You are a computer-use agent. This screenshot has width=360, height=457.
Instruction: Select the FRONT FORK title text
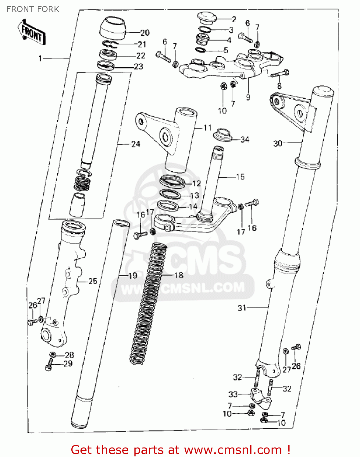[x=33, y=9]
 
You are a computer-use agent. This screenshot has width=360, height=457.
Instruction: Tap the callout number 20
[x=145, y=33]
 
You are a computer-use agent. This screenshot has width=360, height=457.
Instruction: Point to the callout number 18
[x=179, y=275]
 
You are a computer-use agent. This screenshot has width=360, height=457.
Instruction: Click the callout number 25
[x=93, y=281]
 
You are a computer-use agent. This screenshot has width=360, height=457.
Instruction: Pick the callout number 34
[x=245, y=140]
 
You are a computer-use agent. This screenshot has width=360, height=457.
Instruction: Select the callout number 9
[x=248, y=97]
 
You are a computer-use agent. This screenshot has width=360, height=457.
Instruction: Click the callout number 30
[x=278, y=143]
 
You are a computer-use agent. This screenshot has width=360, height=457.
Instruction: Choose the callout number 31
[x=242, y=308]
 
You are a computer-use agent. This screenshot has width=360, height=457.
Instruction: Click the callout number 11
[x=208, y=128]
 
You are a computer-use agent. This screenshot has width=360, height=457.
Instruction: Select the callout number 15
[x=240, y=177]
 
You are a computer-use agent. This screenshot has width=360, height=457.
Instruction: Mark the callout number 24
[x=136, y=144]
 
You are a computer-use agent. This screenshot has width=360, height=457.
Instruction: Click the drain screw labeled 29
[x=49, y=365]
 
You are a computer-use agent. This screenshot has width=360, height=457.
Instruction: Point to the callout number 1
[x=40, y=58]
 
